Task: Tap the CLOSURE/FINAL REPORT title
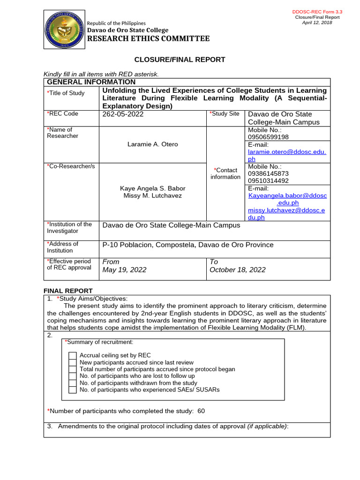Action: (x=180, y=60)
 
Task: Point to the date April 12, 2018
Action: (x=317, y=22)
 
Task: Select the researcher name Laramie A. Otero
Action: (x=153, y=144)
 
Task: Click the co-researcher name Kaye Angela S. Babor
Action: (x=153, y=188)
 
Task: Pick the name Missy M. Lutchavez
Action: (x=153, y=195)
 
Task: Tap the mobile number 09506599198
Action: (x=268, y=137)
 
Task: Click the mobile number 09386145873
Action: (x=268, y=173)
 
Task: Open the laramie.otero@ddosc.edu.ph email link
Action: (x=287, y=152)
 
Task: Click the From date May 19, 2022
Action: (x=124, y=270)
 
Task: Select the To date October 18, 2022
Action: (x=237, y=270)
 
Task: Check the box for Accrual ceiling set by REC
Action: (x=72, y=355)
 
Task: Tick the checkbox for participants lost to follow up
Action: (x=72, y=376)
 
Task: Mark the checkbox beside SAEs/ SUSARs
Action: (x=72, y=390)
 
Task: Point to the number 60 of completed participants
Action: (x=201, y=411)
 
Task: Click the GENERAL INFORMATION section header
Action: (x=84, y=82)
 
